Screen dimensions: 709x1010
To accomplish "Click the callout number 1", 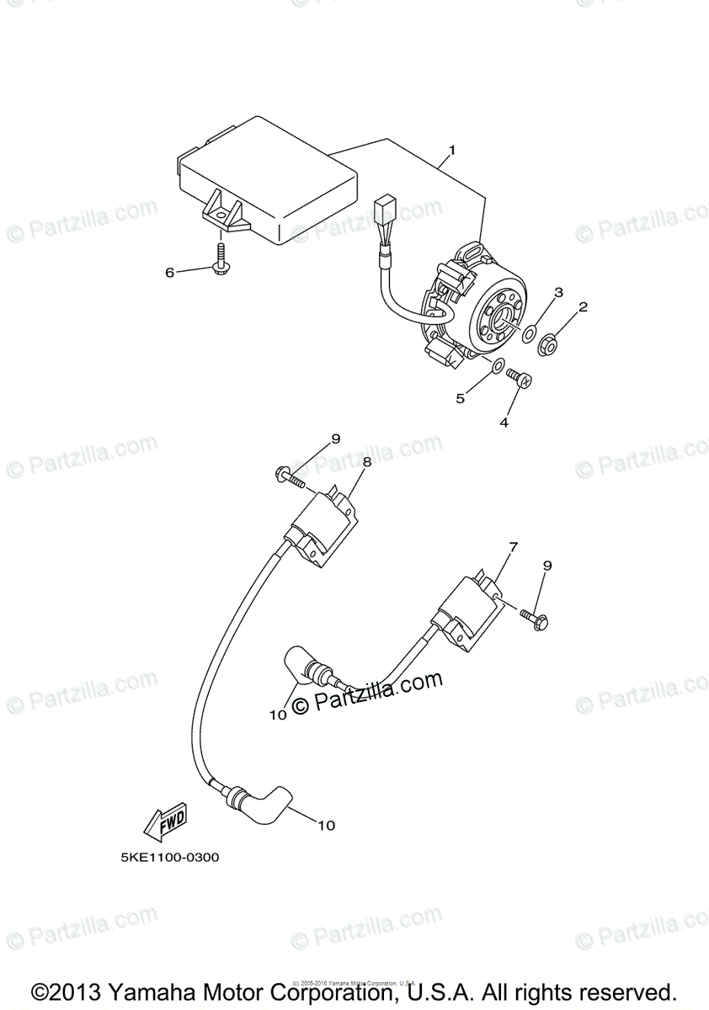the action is pos(452,151).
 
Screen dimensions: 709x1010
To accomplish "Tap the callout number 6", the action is pos(169,272).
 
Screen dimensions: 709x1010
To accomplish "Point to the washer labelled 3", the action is pos(528,336).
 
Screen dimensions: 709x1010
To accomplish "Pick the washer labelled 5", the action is pos(498,365).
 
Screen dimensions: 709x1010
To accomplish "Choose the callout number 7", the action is pos(512,547).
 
